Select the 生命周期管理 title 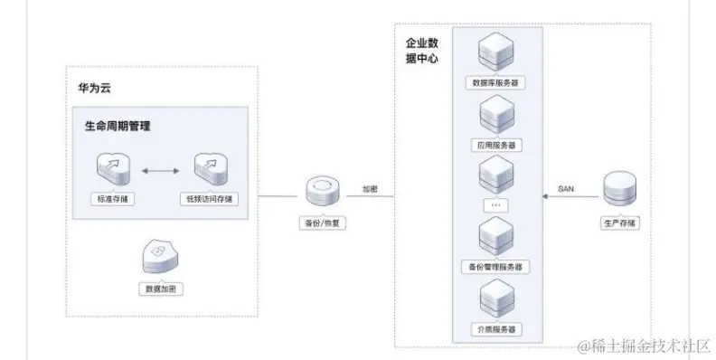coord(111,126)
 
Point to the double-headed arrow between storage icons coord(163,169)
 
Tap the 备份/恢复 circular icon coord(323,192)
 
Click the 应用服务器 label coord(496,144)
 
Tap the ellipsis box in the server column coord(496,204)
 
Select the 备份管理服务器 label coord(496,267)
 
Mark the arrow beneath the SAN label coord(566,198)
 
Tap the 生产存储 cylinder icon coord(619,188)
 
